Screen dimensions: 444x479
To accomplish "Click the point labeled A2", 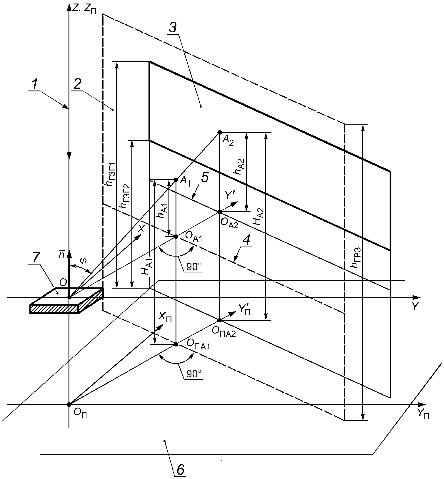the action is coord(219,132).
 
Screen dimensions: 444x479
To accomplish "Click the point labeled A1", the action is coord(176,180).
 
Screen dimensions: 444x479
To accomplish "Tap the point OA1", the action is coord(176,236).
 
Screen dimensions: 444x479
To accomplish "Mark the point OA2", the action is coord(219,212).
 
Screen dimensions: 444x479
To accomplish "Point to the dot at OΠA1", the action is coord(176,344).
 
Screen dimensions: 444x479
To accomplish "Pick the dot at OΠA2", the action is coord(219,320).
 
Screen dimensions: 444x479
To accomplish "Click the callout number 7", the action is coord(35,258).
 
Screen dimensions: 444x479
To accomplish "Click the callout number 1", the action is coord(35,85).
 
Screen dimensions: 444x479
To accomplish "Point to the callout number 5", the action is coord(205,177).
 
